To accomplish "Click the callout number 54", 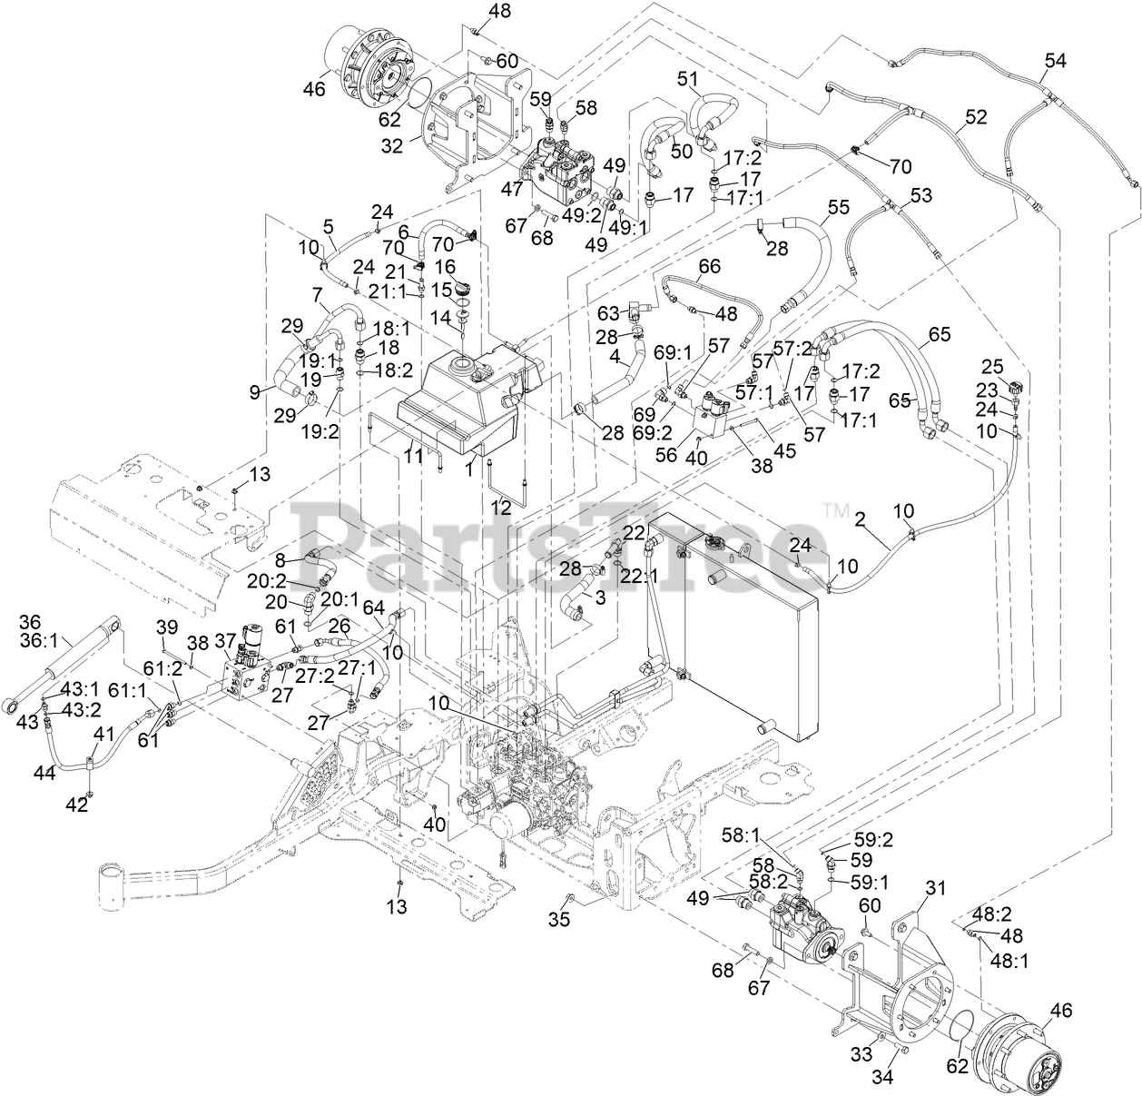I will click(1054, 61).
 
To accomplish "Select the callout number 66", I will click(708, 265).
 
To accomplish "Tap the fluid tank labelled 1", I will click(462, 400).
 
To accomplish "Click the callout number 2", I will click(858, 520).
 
